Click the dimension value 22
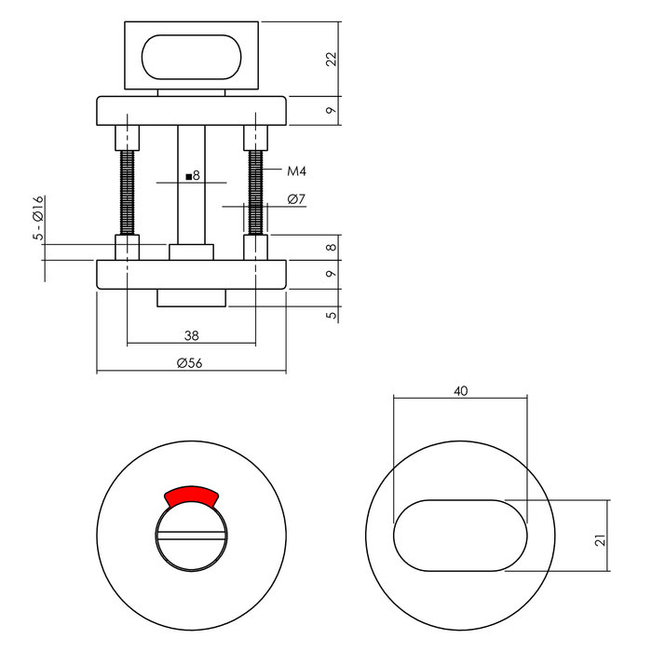(331, 59)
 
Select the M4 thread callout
(297, 171)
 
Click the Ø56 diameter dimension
(190, 363)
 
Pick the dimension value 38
(190, 333)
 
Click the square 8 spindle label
(193, 175)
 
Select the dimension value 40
(460, 391)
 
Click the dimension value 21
(601, 537)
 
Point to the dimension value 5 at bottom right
(331, 316)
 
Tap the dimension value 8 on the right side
(331, 249)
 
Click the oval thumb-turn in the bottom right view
(460, 536)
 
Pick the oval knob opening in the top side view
(191, 58)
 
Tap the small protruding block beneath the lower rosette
(191, 298)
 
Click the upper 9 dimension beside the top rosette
(331, 111)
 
